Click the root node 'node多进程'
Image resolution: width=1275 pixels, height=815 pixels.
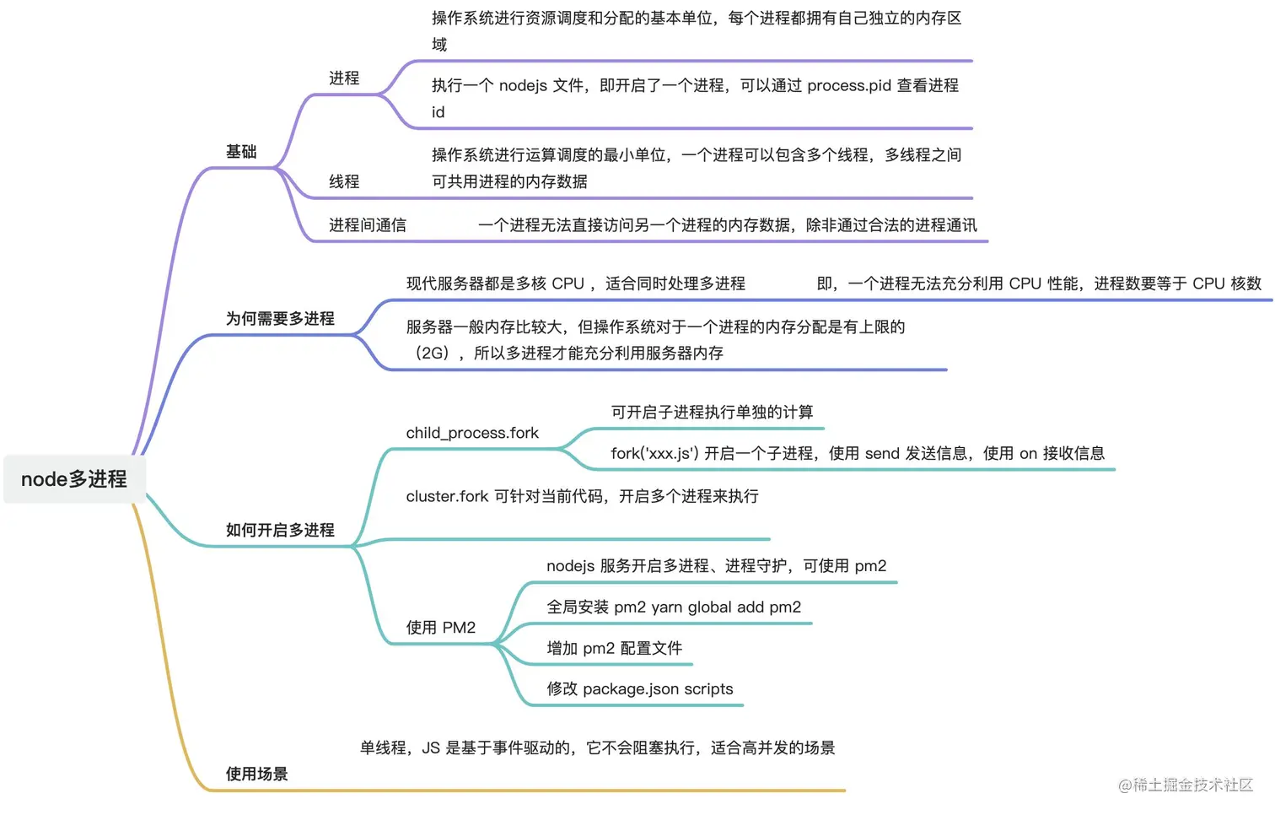(74, 479)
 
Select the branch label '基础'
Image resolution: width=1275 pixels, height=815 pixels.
(241, 152)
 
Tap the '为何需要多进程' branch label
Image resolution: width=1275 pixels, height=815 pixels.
(280, 319)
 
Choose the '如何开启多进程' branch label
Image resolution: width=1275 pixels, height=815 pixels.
(280, 531)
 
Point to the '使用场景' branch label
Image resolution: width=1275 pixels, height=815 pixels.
(256, 775)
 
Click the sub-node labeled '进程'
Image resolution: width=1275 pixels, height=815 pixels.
(344, 78)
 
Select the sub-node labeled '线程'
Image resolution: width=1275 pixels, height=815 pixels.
(344, 181)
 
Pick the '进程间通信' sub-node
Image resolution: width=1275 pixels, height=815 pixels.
(368, 225)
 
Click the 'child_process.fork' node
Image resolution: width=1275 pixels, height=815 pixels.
(472, 433)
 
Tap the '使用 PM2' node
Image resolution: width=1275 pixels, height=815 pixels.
(441, 628)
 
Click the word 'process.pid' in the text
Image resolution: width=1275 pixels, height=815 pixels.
(847, 85)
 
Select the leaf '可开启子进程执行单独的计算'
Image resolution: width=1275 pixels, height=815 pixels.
(713, 412)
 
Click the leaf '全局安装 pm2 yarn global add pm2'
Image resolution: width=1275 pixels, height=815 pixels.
(674, 607)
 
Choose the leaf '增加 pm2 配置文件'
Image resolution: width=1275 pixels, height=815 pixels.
(615, 649)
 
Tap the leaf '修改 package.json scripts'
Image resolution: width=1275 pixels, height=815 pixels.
(640, 689)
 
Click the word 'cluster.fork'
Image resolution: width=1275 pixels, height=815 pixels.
(447, 496)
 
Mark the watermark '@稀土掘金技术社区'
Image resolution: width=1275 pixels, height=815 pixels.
(1185, 785)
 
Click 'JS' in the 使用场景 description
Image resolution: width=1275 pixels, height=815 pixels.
(431, 748)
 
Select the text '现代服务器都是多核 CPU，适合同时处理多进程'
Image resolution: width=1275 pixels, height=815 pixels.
(576, 283)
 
